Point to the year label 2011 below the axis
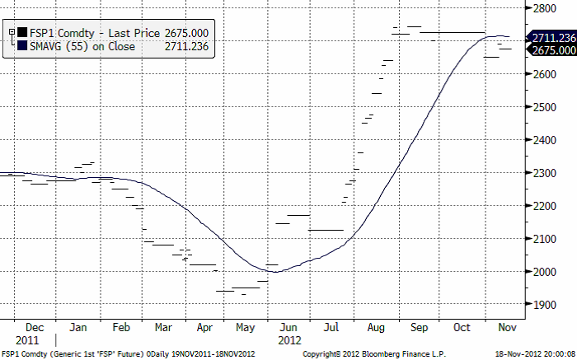(x=27, y=339)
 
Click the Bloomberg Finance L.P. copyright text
(x=364, y=354)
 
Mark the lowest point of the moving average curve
(x=276, y=272)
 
